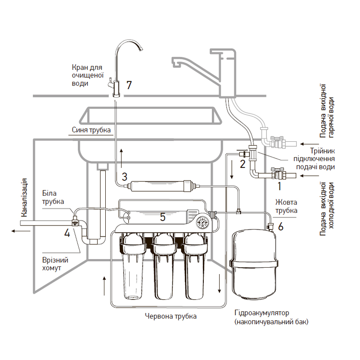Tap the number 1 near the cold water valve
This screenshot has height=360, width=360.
pos(279,185)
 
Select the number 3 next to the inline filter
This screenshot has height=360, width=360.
pos(125,176)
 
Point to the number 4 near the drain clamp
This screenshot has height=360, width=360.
pos(67,233)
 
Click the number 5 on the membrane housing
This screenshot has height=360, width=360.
pos(162,217)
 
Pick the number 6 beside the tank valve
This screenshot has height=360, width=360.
pos(281,226)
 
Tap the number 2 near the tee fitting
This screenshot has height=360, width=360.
pos(242,164)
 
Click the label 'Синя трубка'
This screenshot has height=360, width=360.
pos(91,130)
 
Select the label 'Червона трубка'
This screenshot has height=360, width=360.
pos(171,316)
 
